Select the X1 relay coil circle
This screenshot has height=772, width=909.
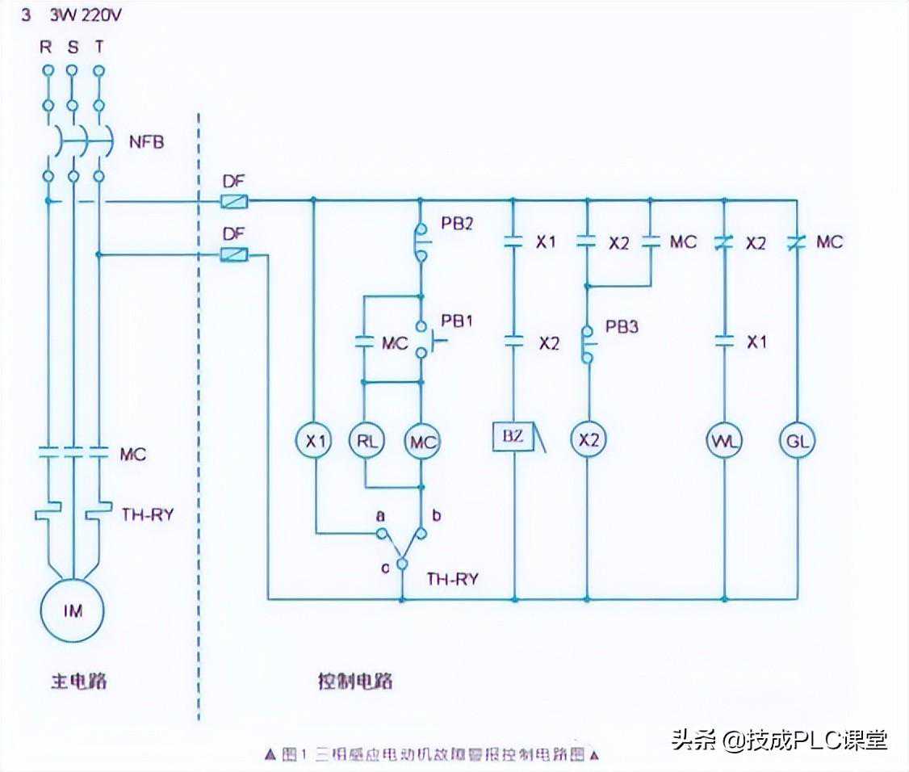(314, 442)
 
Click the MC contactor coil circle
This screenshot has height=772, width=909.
(421, 442)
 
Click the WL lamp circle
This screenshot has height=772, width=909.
(724, 442)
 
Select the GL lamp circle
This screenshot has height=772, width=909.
(798, 442)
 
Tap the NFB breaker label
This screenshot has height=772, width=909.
(146, 143)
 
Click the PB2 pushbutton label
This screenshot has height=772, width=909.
(457, 223)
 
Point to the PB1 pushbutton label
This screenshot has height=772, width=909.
(457, 321)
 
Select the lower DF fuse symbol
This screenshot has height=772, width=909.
(233, 255)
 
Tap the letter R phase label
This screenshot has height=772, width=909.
(46, 47)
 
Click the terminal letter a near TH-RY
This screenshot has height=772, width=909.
(379, 514)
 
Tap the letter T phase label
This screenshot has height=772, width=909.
(98, 47)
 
